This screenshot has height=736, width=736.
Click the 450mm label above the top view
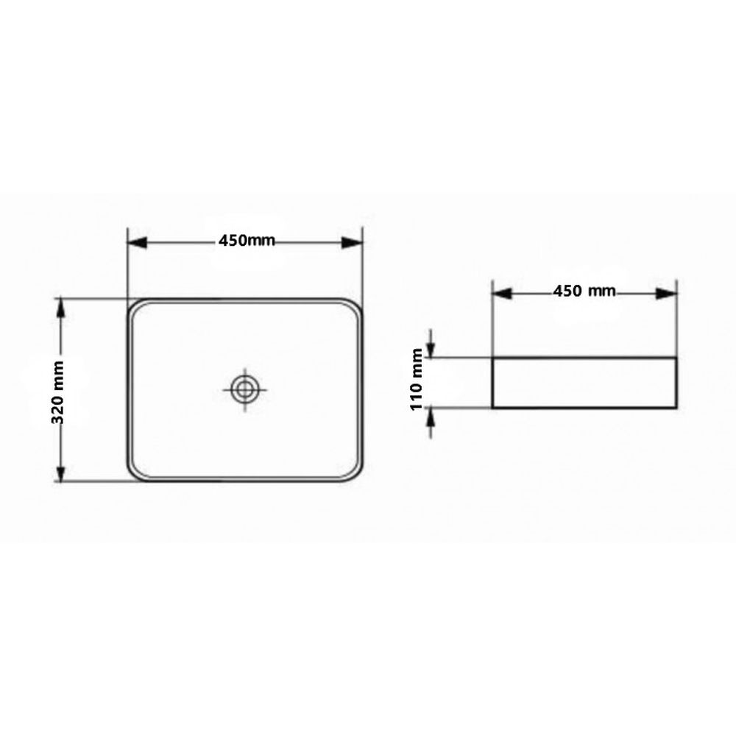pos(246,241)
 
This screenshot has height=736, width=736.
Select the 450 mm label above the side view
pos(584,291)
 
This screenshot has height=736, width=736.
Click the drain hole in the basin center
pos(243,389)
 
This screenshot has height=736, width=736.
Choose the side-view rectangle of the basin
pos(584,383)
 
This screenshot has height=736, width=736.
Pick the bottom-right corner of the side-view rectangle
pos(676,407)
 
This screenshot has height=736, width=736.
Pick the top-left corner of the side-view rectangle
pos(492,358)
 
